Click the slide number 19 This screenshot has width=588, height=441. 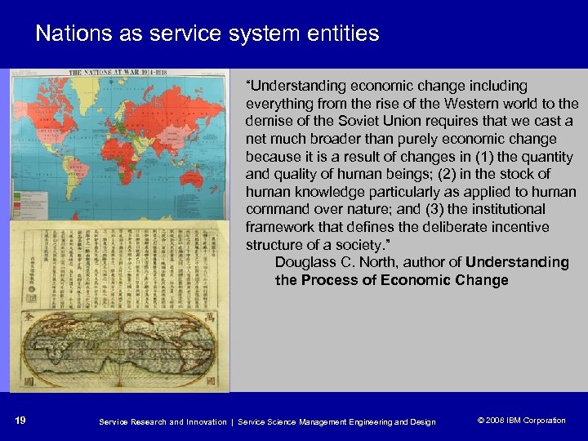20,421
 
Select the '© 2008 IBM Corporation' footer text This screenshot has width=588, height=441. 521,421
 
